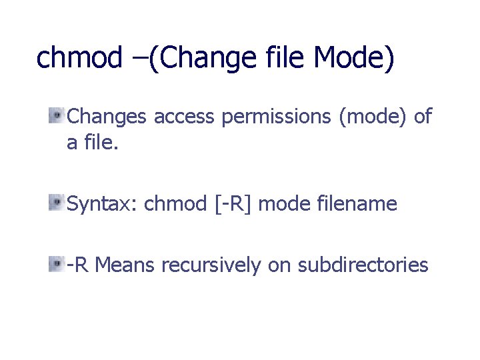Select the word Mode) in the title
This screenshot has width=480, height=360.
pyautogui.click(x=354, y=59)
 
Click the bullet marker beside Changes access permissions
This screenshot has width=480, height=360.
pyautogui.click(x=57, y=116)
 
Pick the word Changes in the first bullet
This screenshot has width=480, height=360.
pyautogui.click(x=107, y=117)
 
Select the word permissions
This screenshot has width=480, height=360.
pyautogui.click(x=277, y=117)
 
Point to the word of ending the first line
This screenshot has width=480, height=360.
pyautogui.click(x=423, y=117)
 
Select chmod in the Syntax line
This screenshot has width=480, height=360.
pyautogui.click(x=176, y=204)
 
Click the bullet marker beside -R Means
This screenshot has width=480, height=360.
pyautogui.click(x=57, y=264)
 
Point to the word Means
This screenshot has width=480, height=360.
pyautogui.click(x=125, y=265)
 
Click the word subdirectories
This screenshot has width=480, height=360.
pyautogui.click(x=363, y=265)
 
